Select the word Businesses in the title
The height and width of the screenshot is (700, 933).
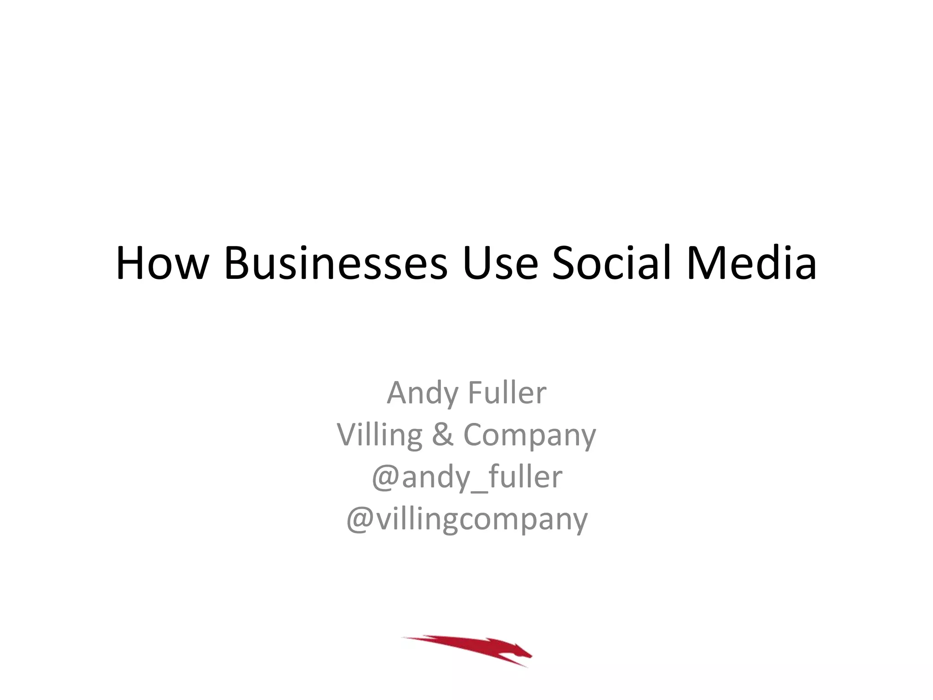pos(336,263)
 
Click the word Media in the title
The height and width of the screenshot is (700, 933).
pos(752,263)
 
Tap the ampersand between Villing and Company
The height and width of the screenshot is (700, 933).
pos(442,434)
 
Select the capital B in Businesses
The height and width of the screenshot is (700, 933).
pos(238,263)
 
